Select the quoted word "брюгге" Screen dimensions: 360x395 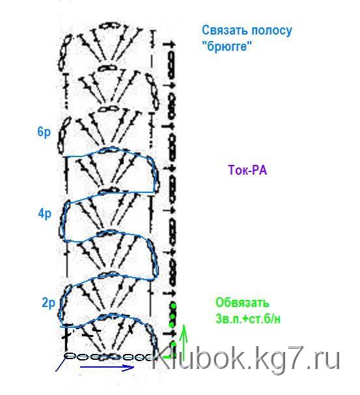[227, 46]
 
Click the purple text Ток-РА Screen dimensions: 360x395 [247, 170]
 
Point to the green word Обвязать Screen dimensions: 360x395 [242, 302]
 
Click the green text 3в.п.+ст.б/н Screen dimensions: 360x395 [248, 319]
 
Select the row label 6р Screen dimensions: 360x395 [44, 132]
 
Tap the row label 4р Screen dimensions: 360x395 [45, 214]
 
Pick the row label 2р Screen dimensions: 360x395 [48, 303]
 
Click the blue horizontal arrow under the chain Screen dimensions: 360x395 [107, 367]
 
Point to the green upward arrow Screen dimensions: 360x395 [184, 343]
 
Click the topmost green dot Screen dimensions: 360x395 [173, 306]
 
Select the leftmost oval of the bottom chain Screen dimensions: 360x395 [70, 356]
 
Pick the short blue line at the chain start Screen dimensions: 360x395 [61, 364]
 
